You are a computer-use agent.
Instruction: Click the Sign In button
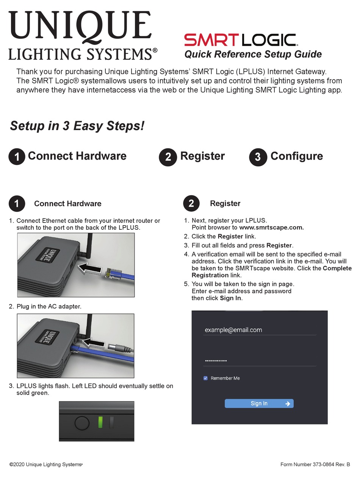click(259, 403)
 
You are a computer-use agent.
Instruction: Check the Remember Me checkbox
click(205, 378)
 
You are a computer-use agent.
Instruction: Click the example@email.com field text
click(233, 330)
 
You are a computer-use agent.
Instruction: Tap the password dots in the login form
click(216, 360)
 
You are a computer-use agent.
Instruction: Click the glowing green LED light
click(100, 422)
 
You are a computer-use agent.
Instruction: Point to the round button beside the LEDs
click(81, 422)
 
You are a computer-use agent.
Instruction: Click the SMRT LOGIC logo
click(240, 40)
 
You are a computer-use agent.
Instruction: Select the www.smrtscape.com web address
click(271, 227)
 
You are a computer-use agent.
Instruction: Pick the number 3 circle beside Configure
click(258, 157)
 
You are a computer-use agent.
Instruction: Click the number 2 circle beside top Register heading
click(168, 157)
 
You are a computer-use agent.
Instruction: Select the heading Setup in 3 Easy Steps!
click(77, 126)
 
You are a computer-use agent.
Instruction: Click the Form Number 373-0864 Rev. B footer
click(315, 464)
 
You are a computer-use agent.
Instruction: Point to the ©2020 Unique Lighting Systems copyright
click(45, 464)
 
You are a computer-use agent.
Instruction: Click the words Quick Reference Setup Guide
click(253, 54)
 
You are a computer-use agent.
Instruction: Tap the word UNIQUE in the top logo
click(80, 25)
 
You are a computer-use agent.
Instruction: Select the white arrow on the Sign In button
click(288, 404)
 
